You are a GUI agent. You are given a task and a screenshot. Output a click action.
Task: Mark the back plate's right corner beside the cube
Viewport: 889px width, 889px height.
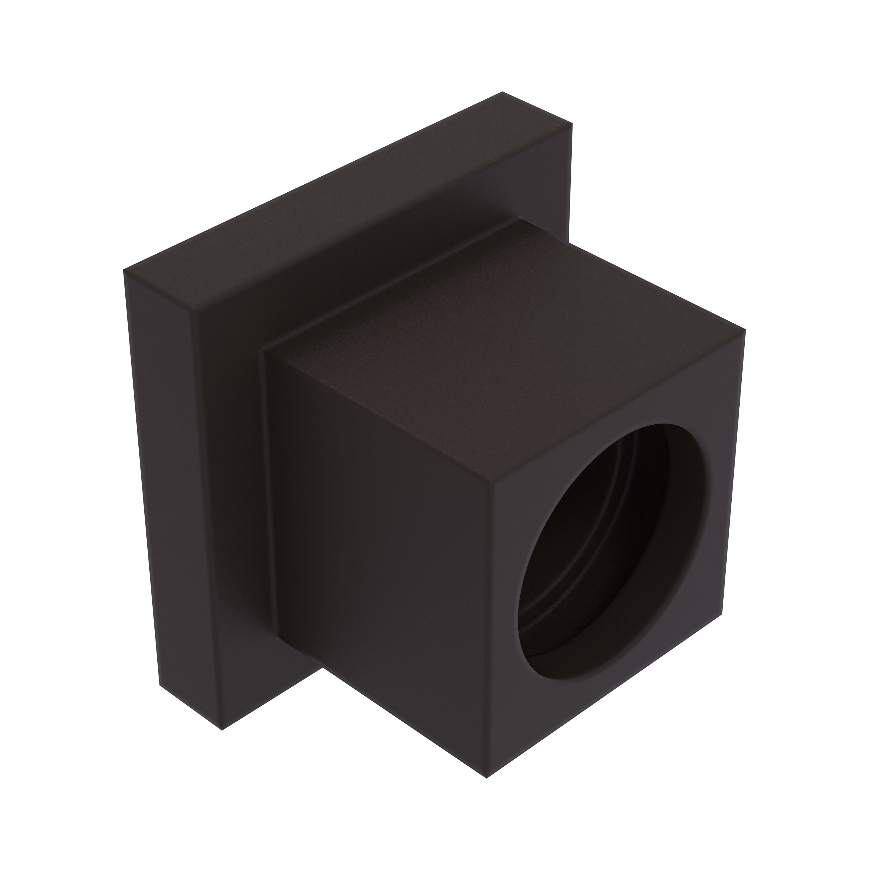coord(572,124)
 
